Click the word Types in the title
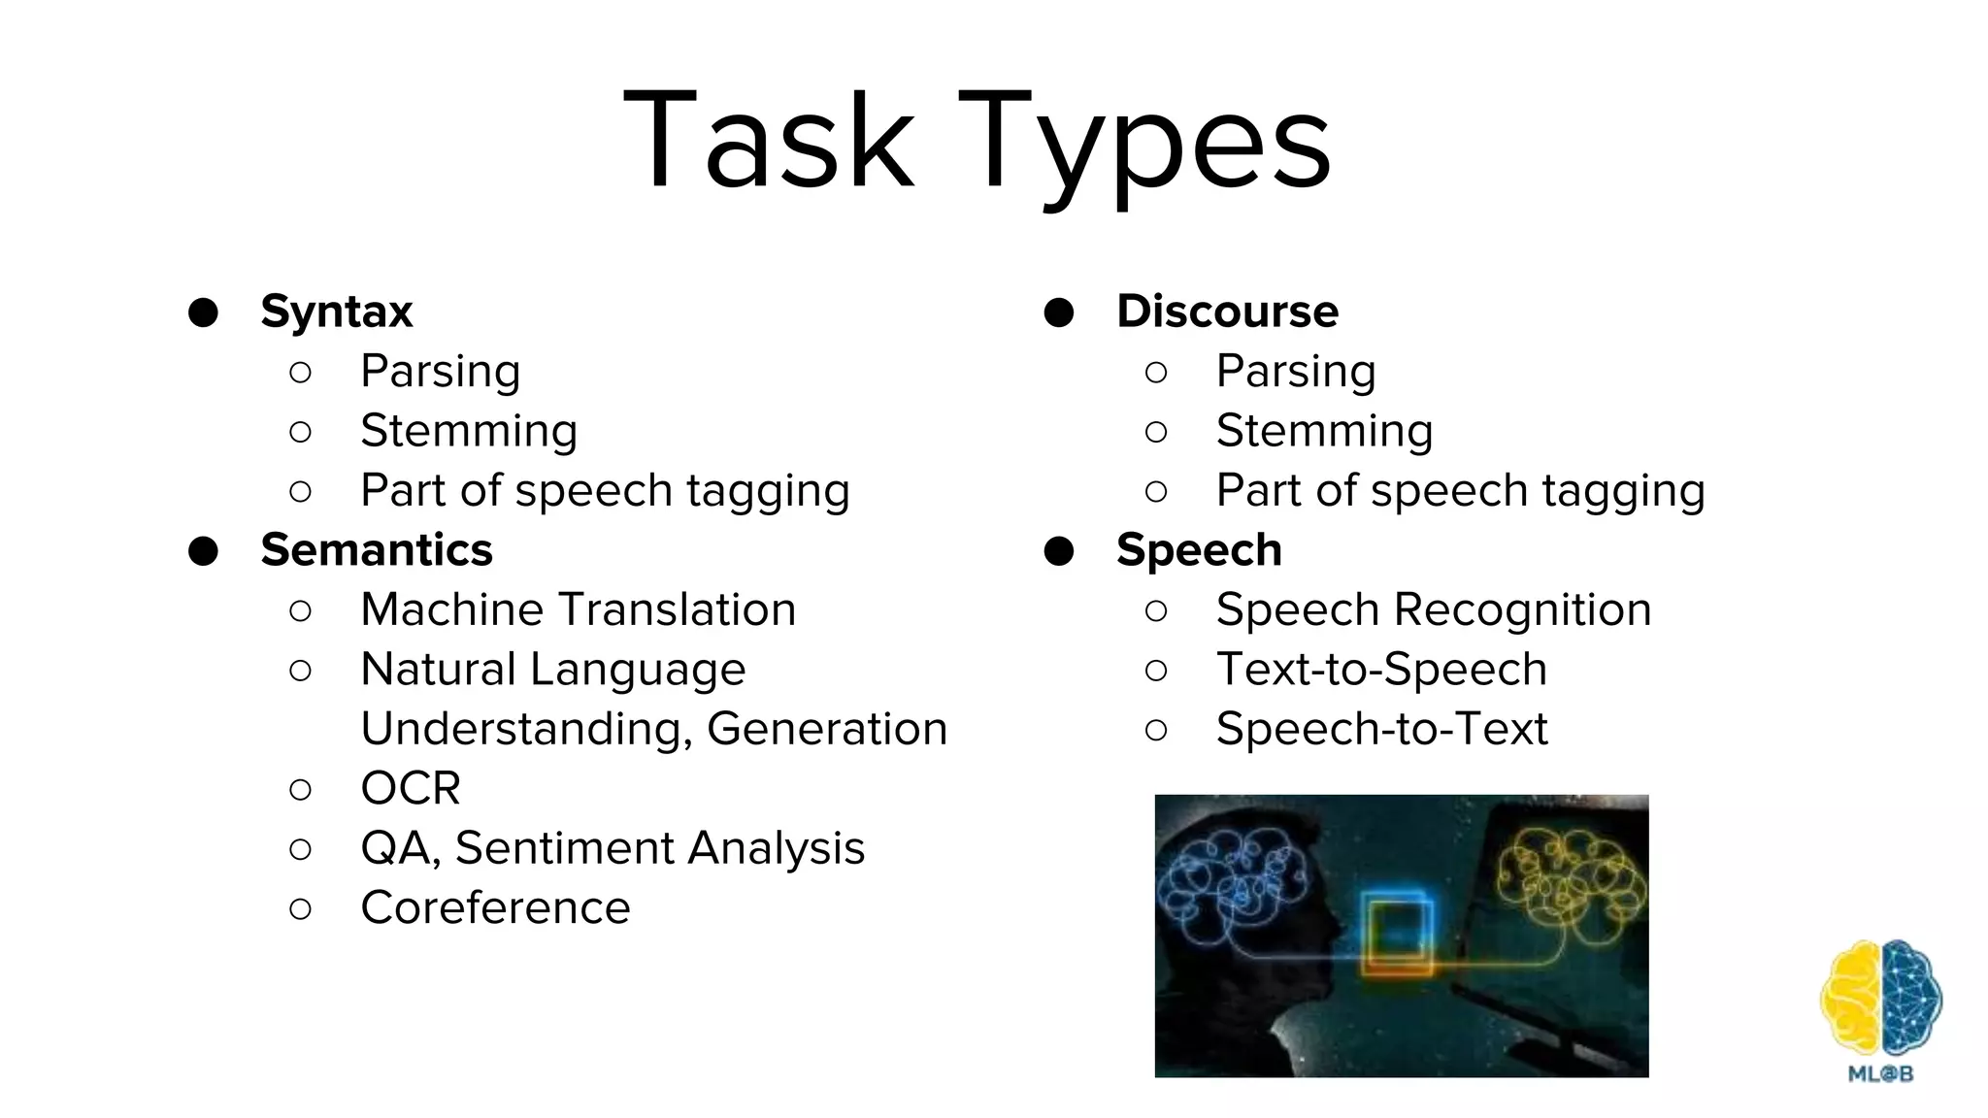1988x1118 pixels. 1145,146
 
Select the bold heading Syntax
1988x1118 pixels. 337,312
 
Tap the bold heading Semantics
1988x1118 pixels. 377,550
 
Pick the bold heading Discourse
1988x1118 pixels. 1227,312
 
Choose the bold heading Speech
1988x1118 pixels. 1199,550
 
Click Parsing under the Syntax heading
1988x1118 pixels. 440,372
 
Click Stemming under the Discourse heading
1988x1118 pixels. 1324,431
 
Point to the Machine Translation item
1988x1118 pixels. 578,609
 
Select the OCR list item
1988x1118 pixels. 411,788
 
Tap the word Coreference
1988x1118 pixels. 495,908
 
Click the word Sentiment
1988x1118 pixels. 563,848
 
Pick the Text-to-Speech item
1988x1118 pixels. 1381,670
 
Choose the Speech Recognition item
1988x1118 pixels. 1434,609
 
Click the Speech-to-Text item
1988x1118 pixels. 1381,729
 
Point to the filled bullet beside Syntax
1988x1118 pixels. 203,312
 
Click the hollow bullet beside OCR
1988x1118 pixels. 301,789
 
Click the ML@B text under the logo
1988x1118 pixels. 1880,1074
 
